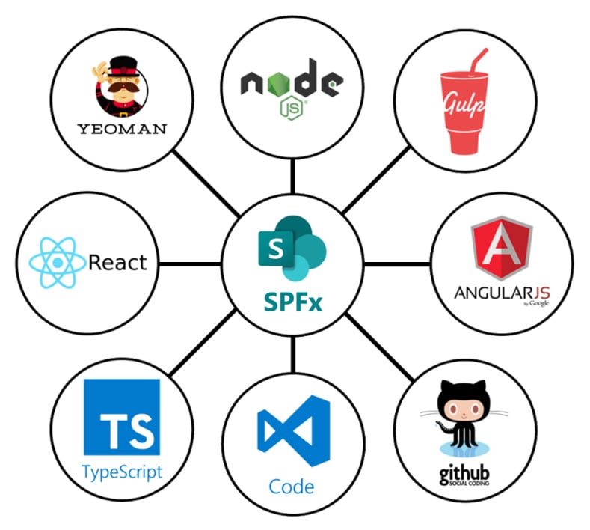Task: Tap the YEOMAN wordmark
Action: click(122, 127)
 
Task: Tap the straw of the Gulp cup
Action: click(474, 60)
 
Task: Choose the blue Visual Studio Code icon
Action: click(292, 435)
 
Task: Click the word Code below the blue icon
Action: click(292, 487)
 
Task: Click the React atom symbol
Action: click(57, 263)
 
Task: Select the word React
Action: click(117, 263)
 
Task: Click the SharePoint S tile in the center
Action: click(274, 248)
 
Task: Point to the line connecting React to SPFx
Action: click(190, 264)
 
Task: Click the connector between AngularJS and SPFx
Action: click(396, 264)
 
